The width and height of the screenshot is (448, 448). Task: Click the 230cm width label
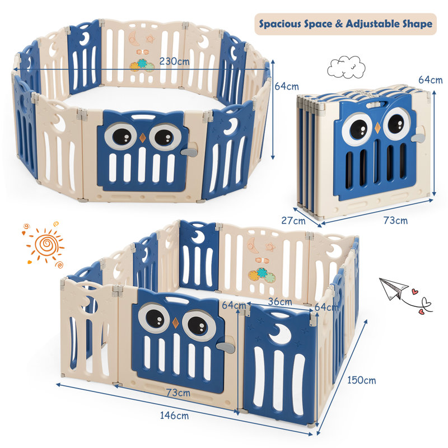pyautogui.click(x=174, y=61)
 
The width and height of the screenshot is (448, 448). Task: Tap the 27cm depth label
pyautogui.click(x=293, y=220)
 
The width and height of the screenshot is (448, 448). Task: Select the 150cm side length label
pyautogui.click(x=361, y=380)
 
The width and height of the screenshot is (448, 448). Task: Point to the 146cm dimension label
pyautogui.click(x=174, y=415)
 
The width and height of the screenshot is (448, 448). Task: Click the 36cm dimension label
pyautogui.click(x=280, y=301)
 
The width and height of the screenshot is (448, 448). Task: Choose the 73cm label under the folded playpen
pyautogui.click(x=395, y=220)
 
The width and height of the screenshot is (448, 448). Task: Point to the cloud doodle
pyautogui.click(x=346, y=67)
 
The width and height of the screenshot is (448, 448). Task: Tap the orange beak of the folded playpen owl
pyautogui.click(x=377, y=128)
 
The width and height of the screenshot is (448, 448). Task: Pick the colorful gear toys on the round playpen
pyautogui.click(x=142, y=65)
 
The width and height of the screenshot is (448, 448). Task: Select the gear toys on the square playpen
pyautogui.click(x=262, y=274)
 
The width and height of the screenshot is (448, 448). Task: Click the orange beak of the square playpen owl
pyautogui.click(x=175, y=323)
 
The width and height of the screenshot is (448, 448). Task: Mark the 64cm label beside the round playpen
pyautogui.click(x=287, y=86)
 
